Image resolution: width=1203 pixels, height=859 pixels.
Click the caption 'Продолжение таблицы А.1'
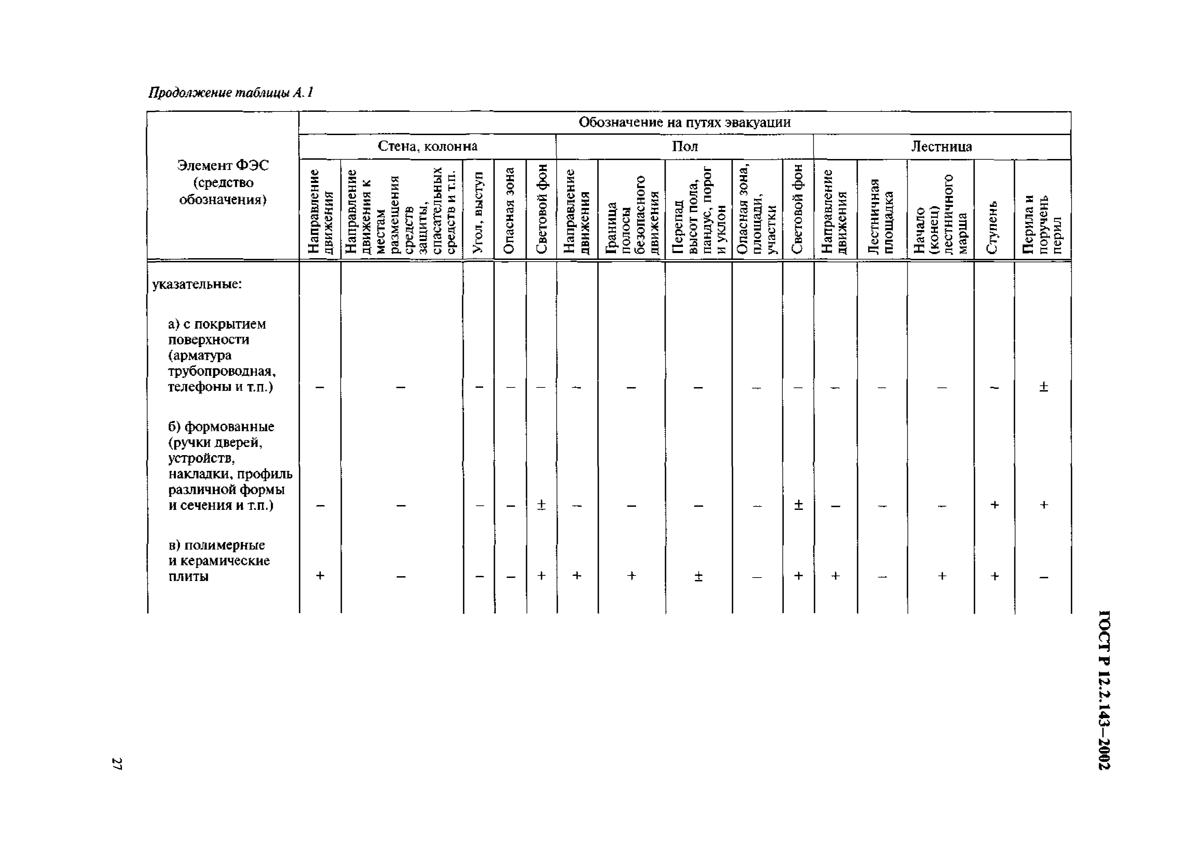click(231, 93)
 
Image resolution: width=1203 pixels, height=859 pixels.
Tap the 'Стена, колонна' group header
click(427, 146)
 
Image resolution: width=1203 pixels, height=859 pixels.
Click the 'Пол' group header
click(685, 146)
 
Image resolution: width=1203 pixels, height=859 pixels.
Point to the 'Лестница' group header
click(941, 146)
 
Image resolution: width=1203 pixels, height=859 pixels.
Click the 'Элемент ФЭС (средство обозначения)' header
click(222, 183)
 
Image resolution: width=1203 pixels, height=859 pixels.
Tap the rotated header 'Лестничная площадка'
click(882, 216)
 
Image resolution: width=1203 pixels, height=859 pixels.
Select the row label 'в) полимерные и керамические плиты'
click(219, 561)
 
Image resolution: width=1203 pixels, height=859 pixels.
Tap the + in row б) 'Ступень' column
click(994, 505)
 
